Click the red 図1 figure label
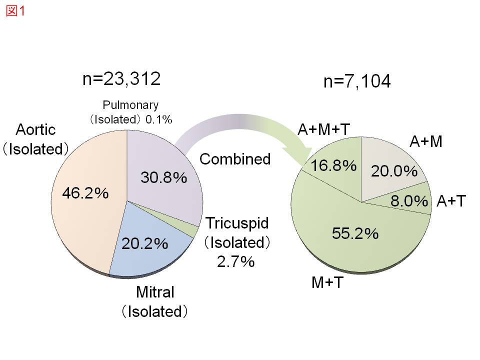pyautogui.click(x=15, y=11)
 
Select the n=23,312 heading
pyautogui.click(x=121, y=79)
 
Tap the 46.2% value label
pyautogui.click(x=85, y=193)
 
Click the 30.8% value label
pyautogui.click(x=163, y=177)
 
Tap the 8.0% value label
pyautogui.click(x=409, y=201)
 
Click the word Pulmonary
pyautogui.click(x=130, y=105)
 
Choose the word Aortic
pyautogui.click(x=35, y=129)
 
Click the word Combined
pyautogui.click(x=235, y=159)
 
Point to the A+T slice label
pyautogui.click(x=451, y=201)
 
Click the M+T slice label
pyautogui.click(x=327, y=283)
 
